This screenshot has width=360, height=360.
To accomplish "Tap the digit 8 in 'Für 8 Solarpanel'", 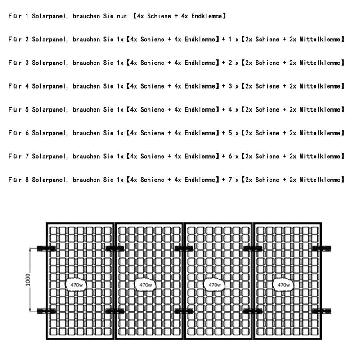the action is (27, 180).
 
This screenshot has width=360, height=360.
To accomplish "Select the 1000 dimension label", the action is (28, 280).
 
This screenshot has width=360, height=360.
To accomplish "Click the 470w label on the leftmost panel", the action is (76, 285).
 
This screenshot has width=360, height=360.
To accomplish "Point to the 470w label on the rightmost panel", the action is (284, 285).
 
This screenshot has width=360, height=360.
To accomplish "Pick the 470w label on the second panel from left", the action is (146, 285).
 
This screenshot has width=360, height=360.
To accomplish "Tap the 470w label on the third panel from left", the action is (215, 285).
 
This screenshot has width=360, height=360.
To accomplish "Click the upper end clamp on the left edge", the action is (46, 248).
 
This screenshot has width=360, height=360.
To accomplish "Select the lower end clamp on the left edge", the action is (46, 311).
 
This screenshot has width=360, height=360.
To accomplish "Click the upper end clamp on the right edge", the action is (322, 248).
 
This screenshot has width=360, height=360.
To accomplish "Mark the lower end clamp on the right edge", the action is (322, 311).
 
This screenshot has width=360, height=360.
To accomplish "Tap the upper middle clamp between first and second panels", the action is (115, 248).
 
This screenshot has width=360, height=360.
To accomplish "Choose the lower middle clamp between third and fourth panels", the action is (253, 311).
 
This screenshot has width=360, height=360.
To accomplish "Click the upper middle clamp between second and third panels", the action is (184, 248).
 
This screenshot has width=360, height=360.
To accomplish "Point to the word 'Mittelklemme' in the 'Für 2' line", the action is (320, 40).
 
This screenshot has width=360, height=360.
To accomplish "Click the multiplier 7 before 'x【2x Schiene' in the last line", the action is (230, 180).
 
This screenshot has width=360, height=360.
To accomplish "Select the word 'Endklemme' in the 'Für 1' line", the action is (207, 16).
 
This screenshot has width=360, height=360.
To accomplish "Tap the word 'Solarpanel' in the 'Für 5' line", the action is (49, 110).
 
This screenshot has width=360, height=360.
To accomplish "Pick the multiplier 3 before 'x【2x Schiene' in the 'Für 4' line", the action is (230, 86).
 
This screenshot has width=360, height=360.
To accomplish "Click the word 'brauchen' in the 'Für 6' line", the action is (86, 133).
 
